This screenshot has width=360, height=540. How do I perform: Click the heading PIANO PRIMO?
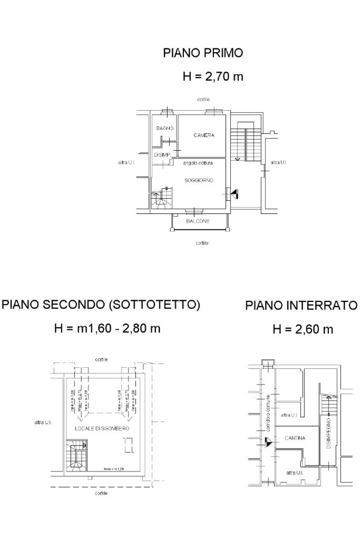click(203, 53)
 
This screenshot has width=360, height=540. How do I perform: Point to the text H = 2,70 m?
click(212, 76)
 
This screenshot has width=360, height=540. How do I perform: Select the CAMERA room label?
click(203, 135)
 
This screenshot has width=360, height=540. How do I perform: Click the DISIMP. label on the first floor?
click(162, 155)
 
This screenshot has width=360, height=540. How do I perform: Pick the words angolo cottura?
click(198, 163)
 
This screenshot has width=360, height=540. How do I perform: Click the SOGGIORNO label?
click(199, 180)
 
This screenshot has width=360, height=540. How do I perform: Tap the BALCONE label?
click(198, 221)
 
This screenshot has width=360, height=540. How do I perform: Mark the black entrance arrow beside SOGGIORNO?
click(233, 194)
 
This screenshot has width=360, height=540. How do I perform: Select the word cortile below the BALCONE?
click(201, 243)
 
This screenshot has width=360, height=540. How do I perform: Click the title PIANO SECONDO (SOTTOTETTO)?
click(101, 305)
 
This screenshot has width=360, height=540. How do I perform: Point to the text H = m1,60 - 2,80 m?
click(108, 329)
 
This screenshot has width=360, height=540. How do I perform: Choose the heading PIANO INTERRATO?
click(301, 306)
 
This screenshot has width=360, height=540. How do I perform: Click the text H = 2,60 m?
click(303, 330)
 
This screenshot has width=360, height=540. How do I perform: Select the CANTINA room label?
click(295, 438)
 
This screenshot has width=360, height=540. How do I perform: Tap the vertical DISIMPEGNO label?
click(328, 433)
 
